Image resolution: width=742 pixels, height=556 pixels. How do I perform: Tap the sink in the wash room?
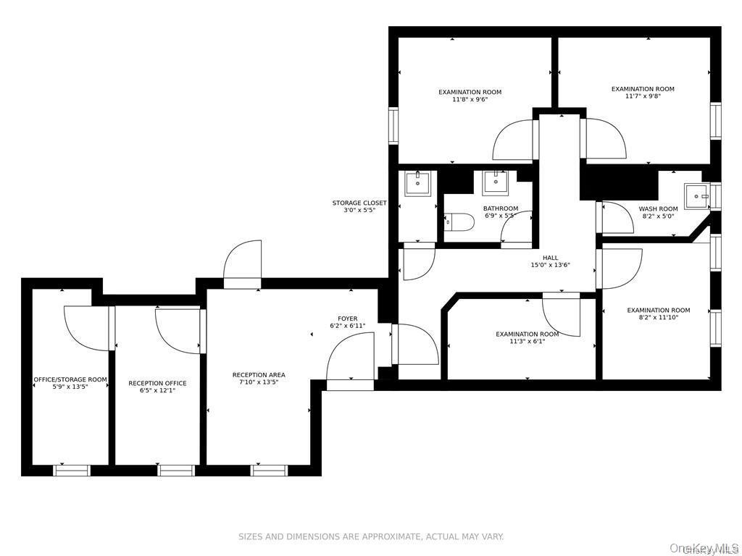coord(697,195)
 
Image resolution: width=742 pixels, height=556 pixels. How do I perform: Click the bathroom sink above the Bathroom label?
coord(496,182)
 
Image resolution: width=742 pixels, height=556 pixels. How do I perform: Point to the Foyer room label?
coord(347,319)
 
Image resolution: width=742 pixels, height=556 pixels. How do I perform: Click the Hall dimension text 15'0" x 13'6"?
coord(550,265)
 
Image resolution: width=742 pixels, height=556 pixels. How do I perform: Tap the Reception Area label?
coord(259,375)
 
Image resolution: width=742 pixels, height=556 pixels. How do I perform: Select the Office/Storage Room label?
coord(70,379)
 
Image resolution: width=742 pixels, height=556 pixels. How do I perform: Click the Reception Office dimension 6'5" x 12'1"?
coord(157,391)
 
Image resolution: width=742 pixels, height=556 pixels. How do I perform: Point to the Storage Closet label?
coord(359,203)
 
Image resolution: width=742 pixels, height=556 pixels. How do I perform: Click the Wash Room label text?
coord(658,209)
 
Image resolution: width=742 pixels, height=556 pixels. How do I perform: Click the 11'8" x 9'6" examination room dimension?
coord(470,100)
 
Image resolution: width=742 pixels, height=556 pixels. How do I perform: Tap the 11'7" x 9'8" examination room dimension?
coord(642,96)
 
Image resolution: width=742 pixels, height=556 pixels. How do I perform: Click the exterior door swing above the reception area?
coord(242,265)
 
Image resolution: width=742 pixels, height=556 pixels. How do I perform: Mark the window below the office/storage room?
coord(72,471)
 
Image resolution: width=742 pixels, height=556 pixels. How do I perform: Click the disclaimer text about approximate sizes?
coord(371,536)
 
